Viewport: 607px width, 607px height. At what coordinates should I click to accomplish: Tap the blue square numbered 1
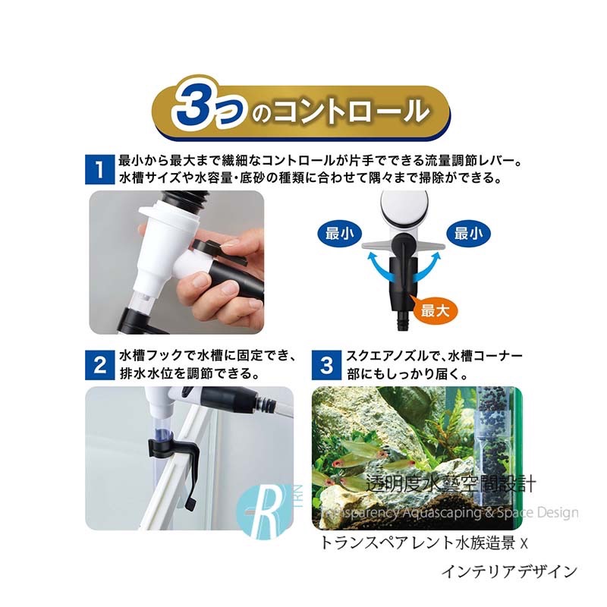click(100, 169)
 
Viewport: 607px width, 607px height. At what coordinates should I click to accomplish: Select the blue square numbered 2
click(100, 366)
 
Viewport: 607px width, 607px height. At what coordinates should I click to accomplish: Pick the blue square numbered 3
click(326, 366)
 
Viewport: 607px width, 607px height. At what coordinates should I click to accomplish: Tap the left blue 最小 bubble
click(339, 234)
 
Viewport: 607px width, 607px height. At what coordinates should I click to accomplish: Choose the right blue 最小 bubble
click(468, 234)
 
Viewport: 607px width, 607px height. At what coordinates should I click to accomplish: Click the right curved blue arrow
click(426, 267)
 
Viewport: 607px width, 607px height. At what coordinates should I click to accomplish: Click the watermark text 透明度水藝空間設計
click(451, 484)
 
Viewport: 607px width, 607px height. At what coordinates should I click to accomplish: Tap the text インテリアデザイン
click(509, 571)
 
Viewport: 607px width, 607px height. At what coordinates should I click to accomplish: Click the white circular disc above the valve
click(404, 209)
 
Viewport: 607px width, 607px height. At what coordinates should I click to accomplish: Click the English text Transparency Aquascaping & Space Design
click(449, 513)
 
